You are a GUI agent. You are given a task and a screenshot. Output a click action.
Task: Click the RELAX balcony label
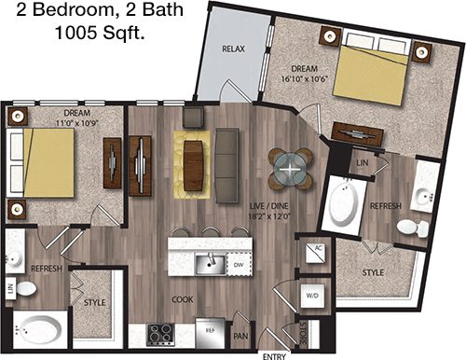pos(233,48)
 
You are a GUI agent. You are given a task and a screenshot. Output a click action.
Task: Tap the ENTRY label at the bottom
pos(274,356)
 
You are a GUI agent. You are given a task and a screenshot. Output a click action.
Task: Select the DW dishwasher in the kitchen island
pos(239,265)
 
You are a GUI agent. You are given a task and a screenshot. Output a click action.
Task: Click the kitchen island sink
pos(211,264)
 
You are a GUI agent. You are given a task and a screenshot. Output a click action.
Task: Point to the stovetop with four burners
pos(160,335)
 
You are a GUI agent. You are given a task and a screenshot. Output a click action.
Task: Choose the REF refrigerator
pos(211,333)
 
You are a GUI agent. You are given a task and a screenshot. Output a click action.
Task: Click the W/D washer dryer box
pos(312,296)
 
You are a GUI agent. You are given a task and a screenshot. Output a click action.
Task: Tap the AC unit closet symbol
pos(315,253)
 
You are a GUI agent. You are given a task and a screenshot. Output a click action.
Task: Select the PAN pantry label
pos(240,336)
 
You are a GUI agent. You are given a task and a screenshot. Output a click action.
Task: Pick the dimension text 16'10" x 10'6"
pos(305,79)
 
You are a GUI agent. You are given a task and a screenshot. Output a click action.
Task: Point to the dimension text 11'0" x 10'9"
pos(77,123)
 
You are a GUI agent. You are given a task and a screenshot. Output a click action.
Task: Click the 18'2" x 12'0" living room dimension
pos(269,216)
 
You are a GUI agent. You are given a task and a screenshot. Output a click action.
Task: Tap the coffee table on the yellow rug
pos(193,165)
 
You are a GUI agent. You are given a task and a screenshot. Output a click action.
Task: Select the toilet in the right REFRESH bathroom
pos(413,228)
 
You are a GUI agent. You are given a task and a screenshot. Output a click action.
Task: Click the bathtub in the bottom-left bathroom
pos(39,329)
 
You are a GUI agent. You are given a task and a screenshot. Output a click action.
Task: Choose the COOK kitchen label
pos(183,299)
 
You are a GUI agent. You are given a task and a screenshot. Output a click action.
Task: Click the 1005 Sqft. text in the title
pos(100,33)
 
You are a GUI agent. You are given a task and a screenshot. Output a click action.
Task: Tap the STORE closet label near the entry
pos(303,333)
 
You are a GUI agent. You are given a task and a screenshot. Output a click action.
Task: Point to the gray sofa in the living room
pos(226,166)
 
